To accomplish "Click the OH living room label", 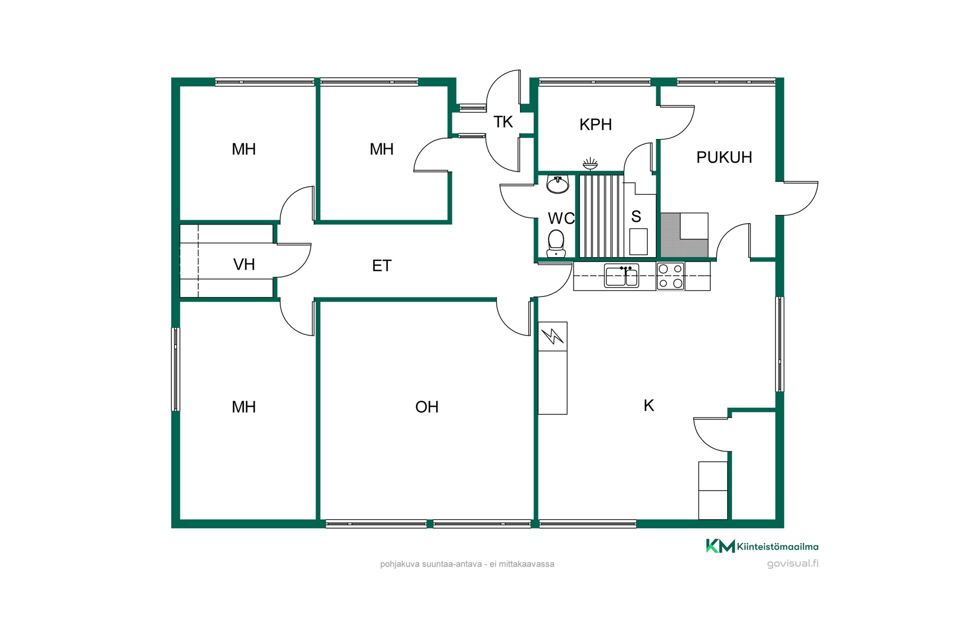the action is point(427,407).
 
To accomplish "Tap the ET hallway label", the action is point(382,266).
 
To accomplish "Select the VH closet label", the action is point(244,264).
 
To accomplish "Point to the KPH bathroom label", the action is point(595,124).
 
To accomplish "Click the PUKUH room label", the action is point(724,157).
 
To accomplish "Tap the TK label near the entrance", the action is point(503,122).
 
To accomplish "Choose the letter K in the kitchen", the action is point(649,405).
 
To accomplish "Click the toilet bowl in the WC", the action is point(556,244).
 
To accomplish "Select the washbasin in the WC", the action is point(557,184).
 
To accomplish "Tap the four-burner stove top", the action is point(670,276).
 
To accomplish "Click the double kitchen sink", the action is point(621,276).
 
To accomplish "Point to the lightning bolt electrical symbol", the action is point(552,336).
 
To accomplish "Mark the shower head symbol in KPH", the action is point(590,164).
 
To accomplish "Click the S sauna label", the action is point(636,217).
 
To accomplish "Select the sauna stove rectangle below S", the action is point(638,242).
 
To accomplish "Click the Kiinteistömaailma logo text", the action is point(778,547).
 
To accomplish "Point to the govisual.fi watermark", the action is point(793,564).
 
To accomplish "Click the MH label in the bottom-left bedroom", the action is point(244,407).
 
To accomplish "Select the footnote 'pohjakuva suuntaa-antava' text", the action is point(431,564).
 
